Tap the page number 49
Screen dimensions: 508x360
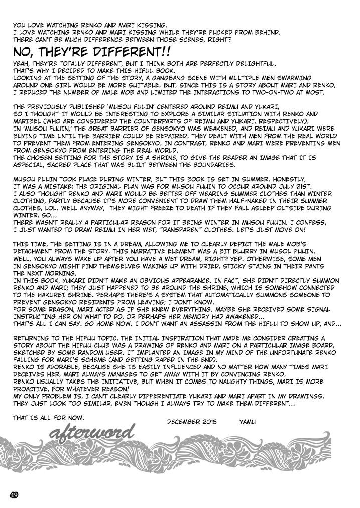point(14,494)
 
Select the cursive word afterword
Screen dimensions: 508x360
point(92,431)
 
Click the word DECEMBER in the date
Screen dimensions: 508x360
point(184,421)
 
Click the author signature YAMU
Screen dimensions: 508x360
point(248,421)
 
